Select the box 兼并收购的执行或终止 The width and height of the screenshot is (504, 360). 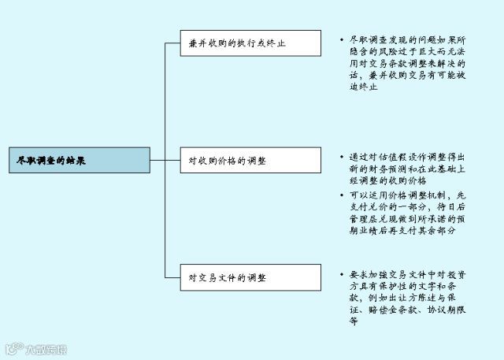pos(250,43)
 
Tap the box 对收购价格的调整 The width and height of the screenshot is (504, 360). pos(250,160)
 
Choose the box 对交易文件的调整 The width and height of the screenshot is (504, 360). pos(250,277)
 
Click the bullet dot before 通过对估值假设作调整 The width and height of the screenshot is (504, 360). pos(340,157)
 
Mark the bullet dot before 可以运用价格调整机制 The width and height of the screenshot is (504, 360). pos(340,195)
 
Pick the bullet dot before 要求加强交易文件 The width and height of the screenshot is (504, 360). pos(340,274)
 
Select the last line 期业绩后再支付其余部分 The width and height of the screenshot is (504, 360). pos(402,231)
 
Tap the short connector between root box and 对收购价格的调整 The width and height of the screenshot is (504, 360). pos(157,160)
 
